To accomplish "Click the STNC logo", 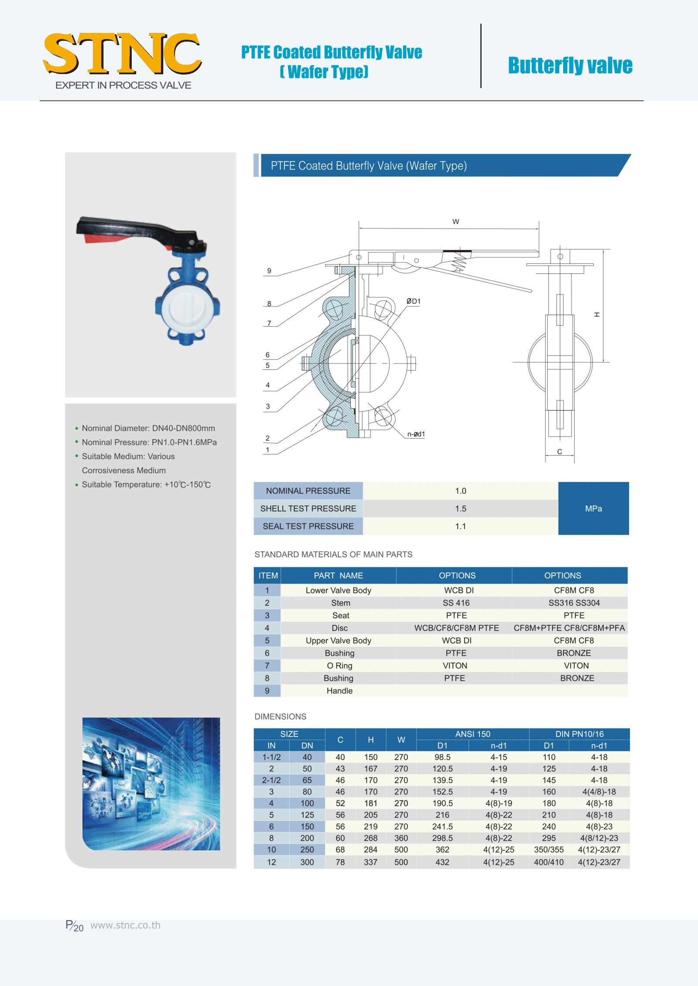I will [122, 55].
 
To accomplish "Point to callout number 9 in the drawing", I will [269, 271].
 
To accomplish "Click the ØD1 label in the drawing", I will [413, 301].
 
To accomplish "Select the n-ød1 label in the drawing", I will [416, 434].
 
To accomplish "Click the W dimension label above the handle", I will [455, 222].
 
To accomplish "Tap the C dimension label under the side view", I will [560, 452].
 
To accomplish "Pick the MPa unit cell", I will [593, 508].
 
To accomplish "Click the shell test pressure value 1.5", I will [460, 508].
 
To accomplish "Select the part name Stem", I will [340, 603].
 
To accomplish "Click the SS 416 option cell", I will [456, 603].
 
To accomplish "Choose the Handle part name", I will [339, 691].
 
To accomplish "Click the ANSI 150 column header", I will [472, 734].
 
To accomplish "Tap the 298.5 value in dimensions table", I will [442, 838].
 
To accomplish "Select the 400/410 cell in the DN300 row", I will [548, 862].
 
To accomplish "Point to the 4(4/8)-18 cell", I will [599, 792].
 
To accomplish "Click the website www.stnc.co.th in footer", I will [125, 925].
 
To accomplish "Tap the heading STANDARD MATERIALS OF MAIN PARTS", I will [333, 554].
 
